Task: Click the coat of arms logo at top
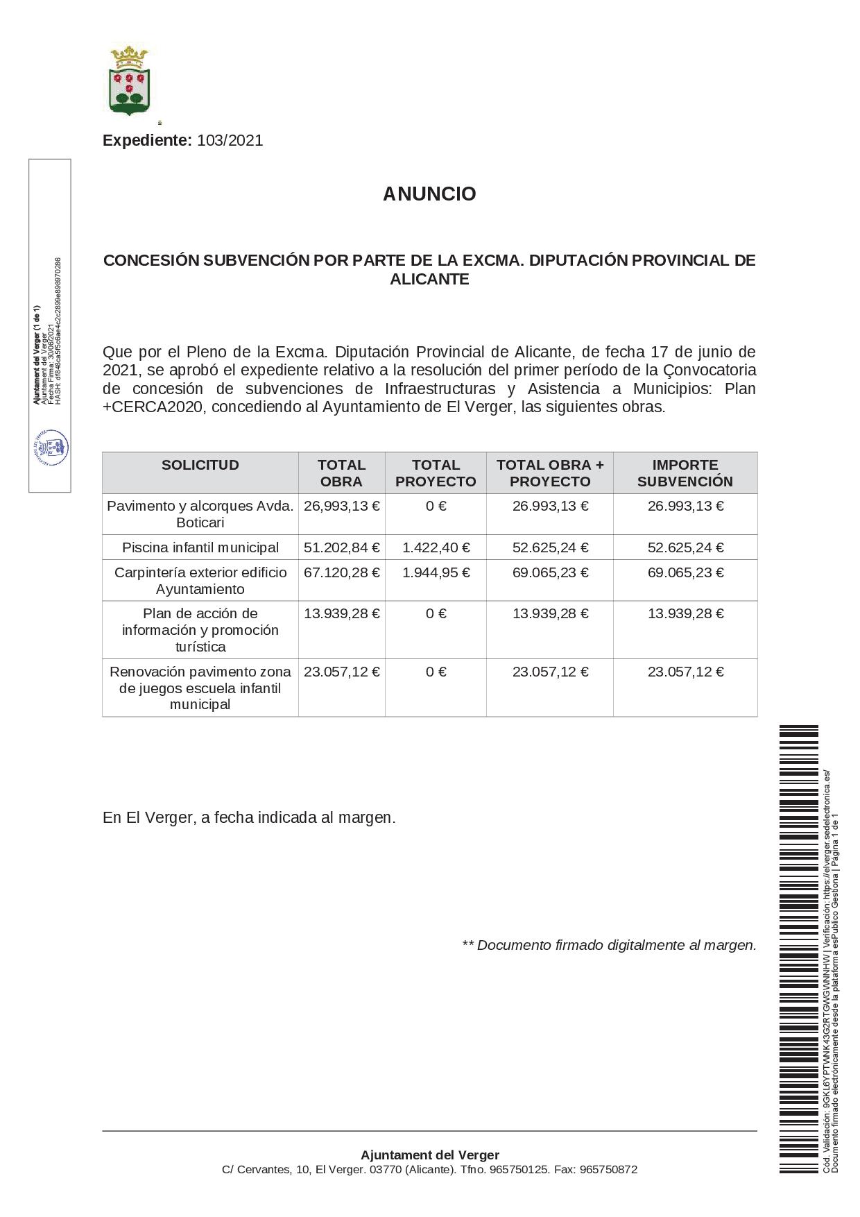click(129, 80)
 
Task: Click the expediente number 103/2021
click(230, 141)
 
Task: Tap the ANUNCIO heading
click(429, 194)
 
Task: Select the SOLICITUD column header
click(200, 466)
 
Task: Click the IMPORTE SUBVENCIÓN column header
click(685, 473)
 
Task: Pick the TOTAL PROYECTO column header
click(436, 473)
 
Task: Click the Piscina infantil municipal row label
click(200, 548)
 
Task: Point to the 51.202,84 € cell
click(341, 548)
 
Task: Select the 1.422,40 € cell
click(436, 548)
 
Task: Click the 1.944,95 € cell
click(436, 573)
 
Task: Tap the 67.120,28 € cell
click(341, 573)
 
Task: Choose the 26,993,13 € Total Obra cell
click(341, 507)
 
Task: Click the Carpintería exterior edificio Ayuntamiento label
click(200, 581)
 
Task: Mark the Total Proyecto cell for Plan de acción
click(436, 614)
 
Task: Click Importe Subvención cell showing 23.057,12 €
click(685, 672)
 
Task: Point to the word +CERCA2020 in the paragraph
click(153, 407)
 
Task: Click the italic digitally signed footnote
click(609, 946)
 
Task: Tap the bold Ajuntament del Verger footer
click(429, 1155)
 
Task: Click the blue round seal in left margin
click(51, 448)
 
